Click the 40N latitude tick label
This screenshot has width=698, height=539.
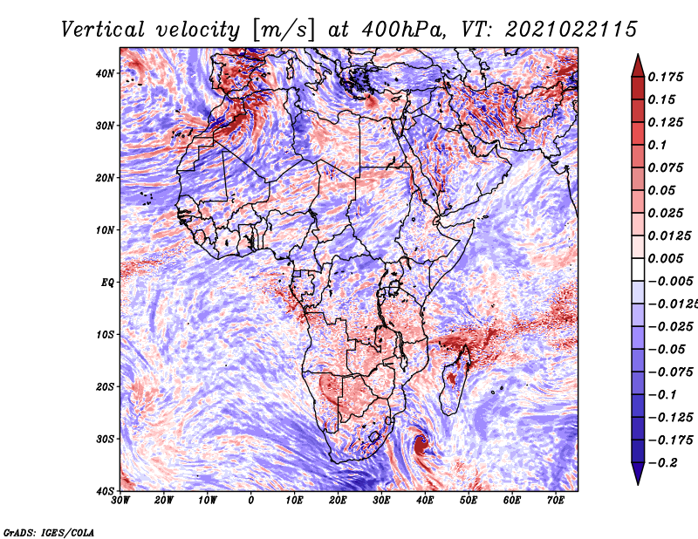coord(105,73)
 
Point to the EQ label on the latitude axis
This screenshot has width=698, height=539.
coord(107,283)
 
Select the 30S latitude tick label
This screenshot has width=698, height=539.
coord(105,439)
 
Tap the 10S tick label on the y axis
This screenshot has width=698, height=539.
coord(105,334)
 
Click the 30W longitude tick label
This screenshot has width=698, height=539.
coord(120,501)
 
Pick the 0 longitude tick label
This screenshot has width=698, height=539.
coord(251,501)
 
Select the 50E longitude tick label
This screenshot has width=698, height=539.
coord(469,501)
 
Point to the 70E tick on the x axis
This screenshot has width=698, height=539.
coord(555,501)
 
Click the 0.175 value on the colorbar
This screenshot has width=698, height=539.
coord(665,77)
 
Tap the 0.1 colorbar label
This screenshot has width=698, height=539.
coord(657,145)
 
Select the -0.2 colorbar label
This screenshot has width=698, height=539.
coord(662,463)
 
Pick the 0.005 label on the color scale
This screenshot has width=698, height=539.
coord(665,258)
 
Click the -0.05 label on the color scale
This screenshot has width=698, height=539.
coord(667,350)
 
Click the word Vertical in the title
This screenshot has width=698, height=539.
coord(102,30)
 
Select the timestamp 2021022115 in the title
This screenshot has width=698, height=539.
coord(571,30)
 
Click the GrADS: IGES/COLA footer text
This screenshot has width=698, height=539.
coord(49,533)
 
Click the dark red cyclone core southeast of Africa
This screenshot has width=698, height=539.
coord(421,445)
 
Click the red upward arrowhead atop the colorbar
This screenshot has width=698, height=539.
coord(638,66)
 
